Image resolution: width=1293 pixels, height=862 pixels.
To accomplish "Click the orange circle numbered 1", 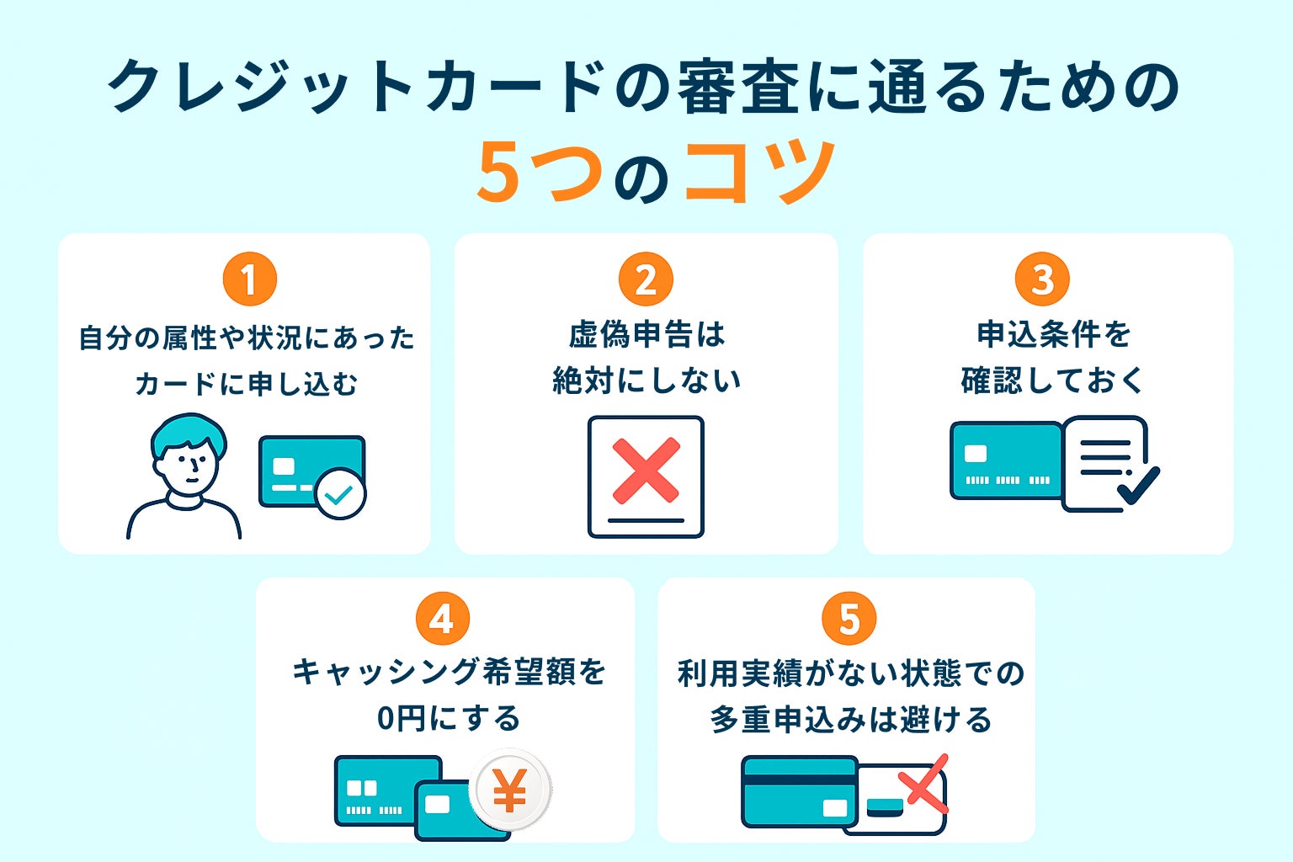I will click(x=249, y=279).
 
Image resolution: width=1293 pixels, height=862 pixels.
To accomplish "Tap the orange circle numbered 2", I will click(x=646, y=279).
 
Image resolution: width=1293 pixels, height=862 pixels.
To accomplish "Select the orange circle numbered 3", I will click(x=1042, y=279).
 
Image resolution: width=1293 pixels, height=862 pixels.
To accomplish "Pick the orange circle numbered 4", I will click(x=442, y=620).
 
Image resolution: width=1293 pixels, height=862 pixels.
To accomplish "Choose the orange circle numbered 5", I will click(x=849, y=620).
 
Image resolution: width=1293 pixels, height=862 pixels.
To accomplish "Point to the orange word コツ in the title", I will click(x=760, y=173).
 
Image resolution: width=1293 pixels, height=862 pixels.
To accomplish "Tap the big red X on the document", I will click(x=646, y=470).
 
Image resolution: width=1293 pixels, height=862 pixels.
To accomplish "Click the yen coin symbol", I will click(x=509, y=791).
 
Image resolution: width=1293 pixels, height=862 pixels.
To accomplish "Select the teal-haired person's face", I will click(x=191, y=466).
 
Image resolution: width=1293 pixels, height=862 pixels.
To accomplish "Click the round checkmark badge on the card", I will click(x=340, y=494).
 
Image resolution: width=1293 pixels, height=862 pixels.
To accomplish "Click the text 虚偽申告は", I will click(x=646, y=335).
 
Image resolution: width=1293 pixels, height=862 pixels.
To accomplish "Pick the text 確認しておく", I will click(x=1052, y=380).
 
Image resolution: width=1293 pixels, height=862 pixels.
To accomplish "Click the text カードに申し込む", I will click(x=246, y=384).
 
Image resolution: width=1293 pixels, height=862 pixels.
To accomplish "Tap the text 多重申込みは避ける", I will click(x=850, y=720).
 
